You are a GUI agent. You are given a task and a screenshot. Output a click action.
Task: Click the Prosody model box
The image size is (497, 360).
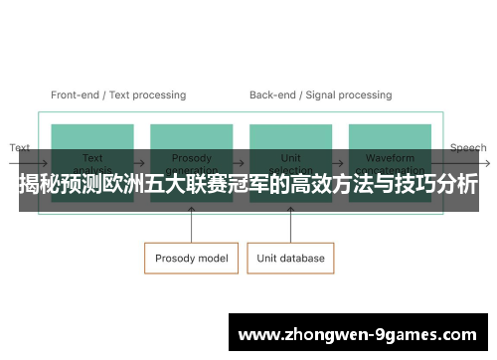pos(192,258)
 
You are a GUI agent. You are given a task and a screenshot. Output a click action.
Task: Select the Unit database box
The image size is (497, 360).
pos(291,258)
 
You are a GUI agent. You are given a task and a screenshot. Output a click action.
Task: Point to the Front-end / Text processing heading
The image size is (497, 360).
pos(118,95)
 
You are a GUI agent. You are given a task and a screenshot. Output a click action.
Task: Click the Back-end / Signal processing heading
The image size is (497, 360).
pos(320,95)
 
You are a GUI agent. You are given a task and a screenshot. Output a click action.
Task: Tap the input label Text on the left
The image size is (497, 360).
pos(20,147)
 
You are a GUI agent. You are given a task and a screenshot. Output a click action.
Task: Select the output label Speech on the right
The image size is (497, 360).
pos(468,147)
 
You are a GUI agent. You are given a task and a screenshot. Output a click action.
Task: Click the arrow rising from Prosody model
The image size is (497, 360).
pos(192,227)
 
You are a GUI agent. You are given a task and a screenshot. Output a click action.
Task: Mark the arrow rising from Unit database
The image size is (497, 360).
pos(291,227)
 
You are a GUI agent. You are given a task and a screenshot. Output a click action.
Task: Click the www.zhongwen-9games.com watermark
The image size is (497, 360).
pos(359,335)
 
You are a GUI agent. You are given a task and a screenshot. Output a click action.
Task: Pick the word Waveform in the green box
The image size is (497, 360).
pos(391,157)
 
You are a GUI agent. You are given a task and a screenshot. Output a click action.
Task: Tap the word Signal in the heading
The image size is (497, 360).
pos(318,95)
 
